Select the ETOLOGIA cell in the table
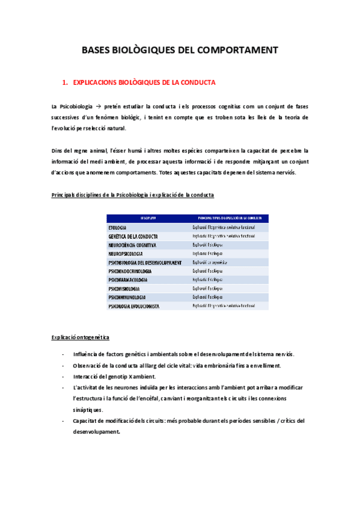pos(117,228)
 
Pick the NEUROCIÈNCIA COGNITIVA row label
pos(132,245)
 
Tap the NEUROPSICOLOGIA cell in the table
pos(126,254)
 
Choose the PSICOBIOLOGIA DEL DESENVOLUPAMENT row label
pos(144,263)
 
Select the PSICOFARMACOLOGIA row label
pos(128,280)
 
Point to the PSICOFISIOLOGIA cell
pos(124,289)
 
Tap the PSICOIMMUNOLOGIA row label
pos(127,298)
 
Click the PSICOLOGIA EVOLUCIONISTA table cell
pos(133,307)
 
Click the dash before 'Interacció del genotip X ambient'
pos(64,376)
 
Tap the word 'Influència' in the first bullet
pos(87,353)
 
